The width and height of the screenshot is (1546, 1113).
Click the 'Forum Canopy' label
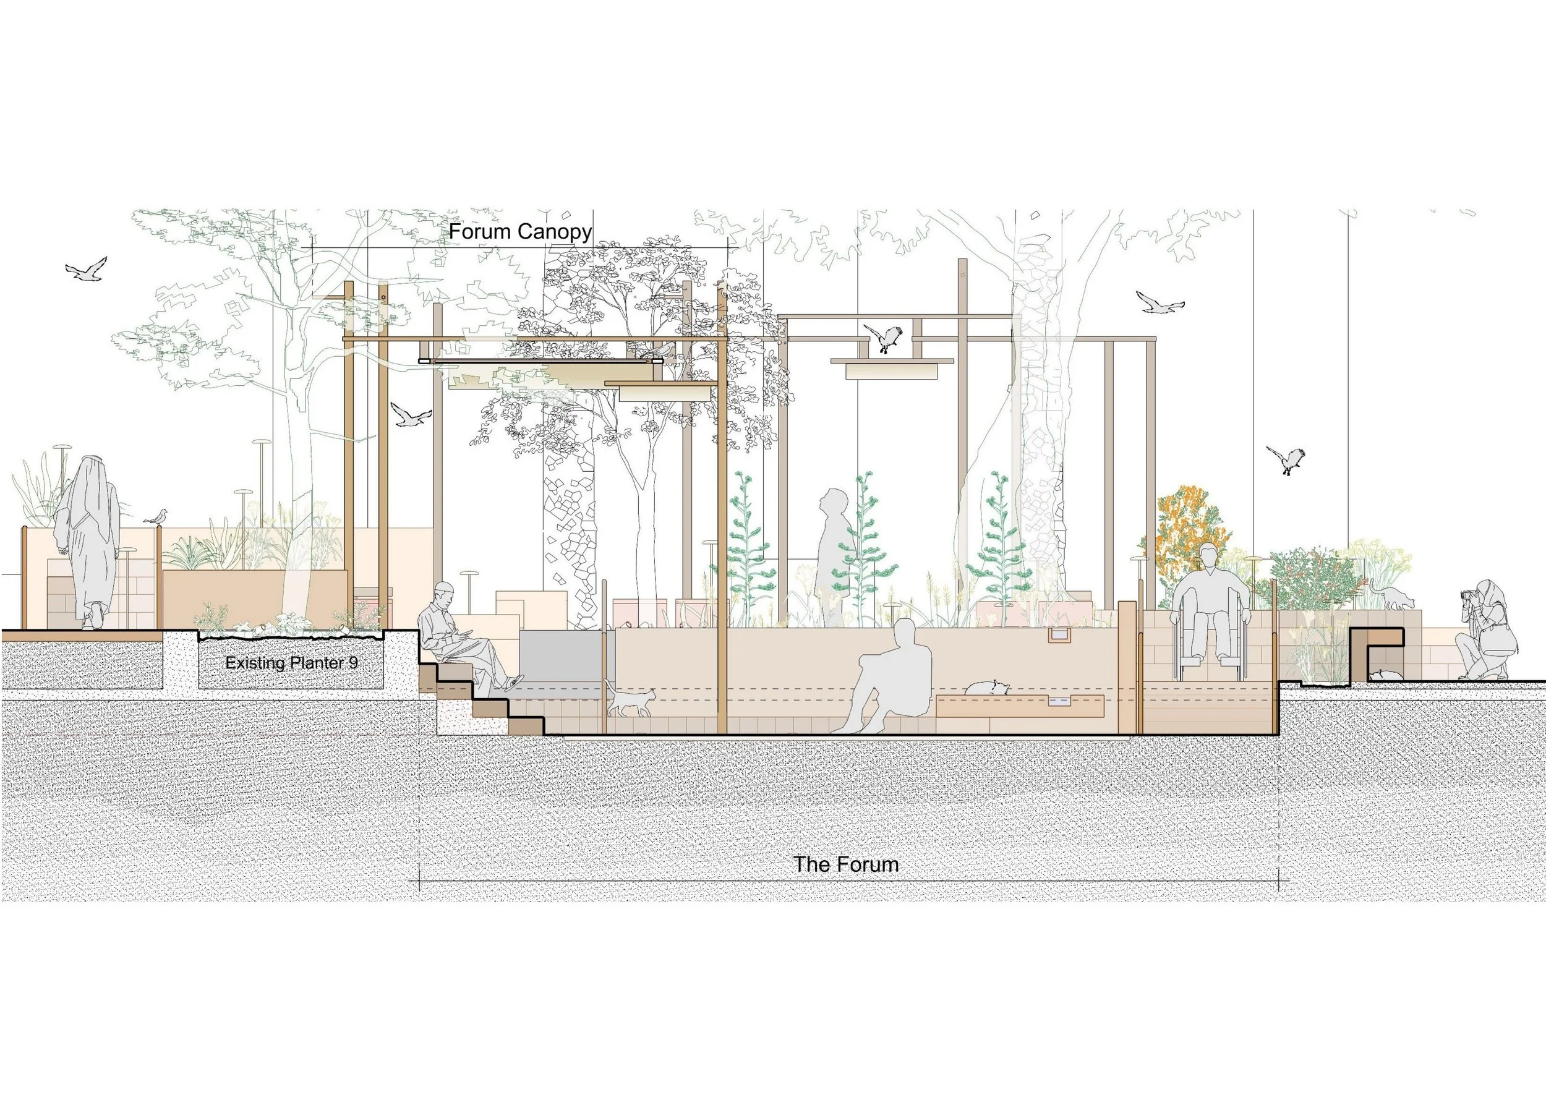pyautogui.click(x=519, y=232)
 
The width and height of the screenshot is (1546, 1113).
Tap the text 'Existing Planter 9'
pyautogui.click(x=291, y=662)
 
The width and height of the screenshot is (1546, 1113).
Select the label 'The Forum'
pyautogui.click(x=846, y=864)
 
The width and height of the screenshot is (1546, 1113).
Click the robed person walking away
pyautogui.click(x=87, y=539)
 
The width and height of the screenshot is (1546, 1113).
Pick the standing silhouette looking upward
pyautogui.click(x=833, y=555)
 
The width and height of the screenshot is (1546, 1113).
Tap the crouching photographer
pyautogui.click(x=1486, y=631)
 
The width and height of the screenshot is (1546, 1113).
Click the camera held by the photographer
pyautogui.click(x=1466, y=595)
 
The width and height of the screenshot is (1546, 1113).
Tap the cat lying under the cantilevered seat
pyautogui.click(x=1385, y=675)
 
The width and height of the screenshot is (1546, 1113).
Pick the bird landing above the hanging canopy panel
pyautogui.click(x=884, y=338)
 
